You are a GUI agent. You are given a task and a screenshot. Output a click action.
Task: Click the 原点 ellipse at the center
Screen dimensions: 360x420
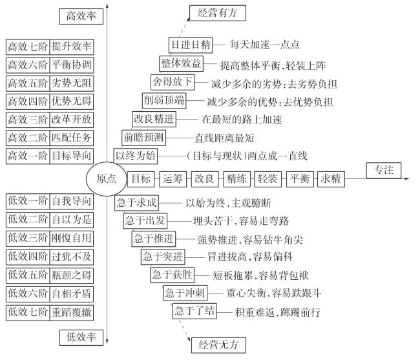106,179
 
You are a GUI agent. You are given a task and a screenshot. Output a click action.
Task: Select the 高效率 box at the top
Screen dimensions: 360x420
81,16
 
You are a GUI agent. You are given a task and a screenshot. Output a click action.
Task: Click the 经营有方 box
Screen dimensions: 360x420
217,12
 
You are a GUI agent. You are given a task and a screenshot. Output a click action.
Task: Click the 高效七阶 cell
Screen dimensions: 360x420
27,47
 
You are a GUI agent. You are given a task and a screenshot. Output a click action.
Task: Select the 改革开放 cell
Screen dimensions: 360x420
72,119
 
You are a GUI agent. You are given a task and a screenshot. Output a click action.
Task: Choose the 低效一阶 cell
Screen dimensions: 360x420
27,201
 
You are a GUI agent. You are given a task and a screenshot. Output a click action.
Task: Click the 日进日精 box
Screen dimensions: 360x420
189,45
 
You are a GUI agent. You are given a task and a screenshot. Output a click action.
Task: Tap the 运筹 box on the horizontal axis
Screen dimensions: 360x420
173,179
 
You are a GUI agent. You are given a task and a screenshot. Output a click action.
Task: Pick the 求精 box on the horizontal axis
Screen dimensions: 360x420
330,179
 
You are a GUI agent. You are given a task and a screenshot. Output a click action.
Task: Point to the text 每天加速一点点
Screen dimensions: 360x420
265,45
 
